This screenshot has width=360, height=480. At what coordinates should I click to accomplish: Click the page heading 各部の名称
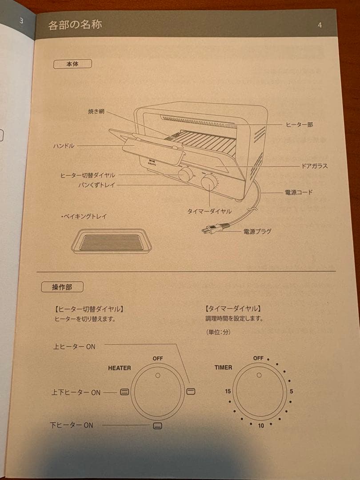click(x=75, y=24)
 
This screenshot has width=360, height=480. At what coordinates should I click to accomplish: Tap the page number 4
click(x=320, y=25)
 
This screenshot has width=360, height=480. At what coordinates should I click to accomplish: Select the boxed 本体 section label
click(x=72, y=64)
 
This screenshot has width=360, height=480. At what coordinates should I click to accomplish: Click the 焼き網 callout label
click(x=96, y=112)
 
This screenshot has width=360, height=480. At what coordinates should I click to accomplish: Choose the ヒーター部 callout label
click(x=299, y=124)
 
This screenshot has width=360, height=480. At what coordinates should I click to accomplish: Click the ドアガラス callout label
click(x=314, y=166)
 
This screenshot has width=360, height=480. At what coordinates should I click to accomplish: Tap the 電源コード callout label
click(x=298, y=192)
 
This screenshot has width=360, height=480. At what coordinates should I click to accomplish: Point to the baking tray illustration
click(x=112, y=241)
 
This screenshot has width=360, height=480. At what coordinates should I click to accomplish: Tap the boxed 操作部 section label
click(x=62, y=287)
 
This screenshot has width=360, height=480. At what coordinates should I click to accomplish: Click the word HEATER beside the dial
click(x=119, y=368)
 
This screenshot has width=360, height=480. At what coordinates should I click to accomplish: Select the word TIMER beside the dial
click(x=223, y=368)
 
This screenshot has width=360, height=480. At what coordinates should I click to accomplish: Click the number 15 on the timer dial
click(x=228, y=392)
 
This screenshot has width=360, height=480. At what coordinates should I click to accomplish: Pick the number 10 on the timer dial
click(x=261, y=425)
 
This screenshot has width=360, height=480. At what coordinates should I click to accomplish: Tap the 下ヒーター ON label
click(x=72, y=425)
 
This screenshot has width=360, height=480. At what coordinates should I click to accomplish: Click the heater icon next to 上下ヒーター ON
click(x=124, y=392)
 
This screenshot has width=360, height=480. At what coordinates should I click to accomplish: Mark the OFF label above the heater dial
click(x=158, y=358)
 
